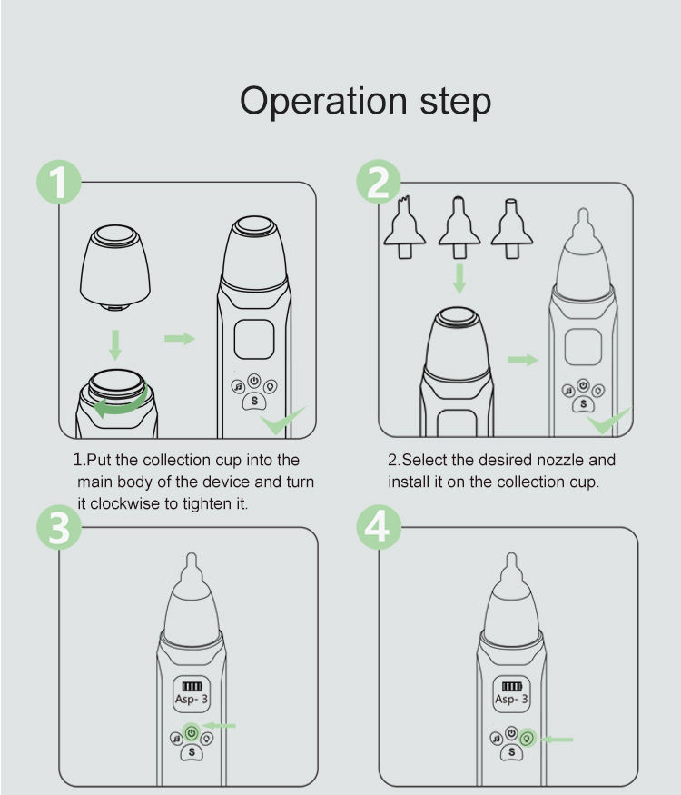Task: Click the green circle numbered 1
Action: coord(59,183)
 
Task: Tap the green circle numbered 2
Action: coord(379,183)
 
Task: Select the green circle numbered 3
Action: coord(59,527)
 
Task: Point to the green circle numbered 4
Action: coord(379,527)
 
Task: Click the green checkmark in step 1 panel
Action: coord(282,420)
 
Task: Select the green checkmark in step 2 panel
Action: coord(608,420)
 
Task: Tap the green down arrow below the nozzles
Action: coord(459,278)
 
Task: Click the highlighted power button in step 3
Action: coord(192,732)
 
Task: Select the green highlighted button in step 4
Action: coord(528,738)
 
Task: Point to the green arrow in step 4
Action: coord(556,740)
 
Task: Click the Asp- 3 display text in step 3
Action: coord(191,700)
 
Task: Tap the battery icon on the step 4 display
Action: coord(512,687)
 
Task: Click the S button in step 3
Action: coord(192,752)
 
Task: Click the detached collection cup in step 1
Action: coord(115,267)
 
